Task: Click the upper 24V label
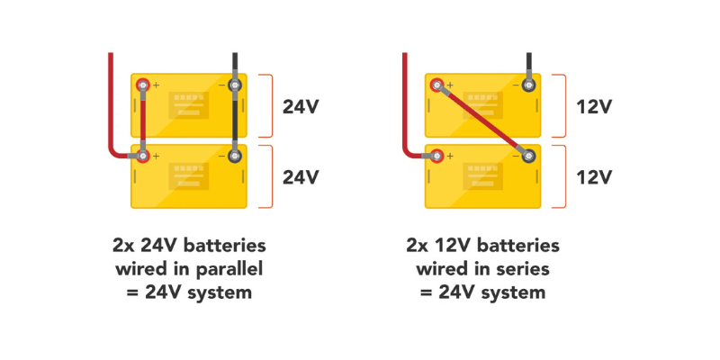click(301, 107)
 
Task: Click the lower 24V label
click(301, 177)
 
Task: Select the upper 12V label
click(594, 107)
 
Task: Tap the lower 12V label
click(594, 177)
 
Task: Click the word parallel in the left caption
click(224, 268)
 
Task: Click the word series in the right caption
click(517, 268)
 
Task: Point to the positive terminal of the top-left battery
click(142, 85)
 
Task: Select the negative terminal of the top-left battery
click(235, 86)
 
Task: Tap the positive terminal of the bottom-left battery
click(142, 156)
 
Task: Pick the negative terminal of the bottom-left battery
click(235, 156)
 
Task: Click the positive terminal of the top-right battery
click(436, 85)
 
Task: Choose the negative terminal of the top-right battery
click(528, 86)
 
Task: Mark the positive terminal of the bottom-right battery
click(436, 156)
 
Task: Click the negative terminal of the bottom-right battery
click(528, 156)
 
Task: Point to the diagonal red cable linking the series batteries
click(482, 121)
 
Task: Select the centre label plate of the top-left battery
click(188, 105)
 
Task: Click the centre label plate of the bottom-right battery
click(482, 175)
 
